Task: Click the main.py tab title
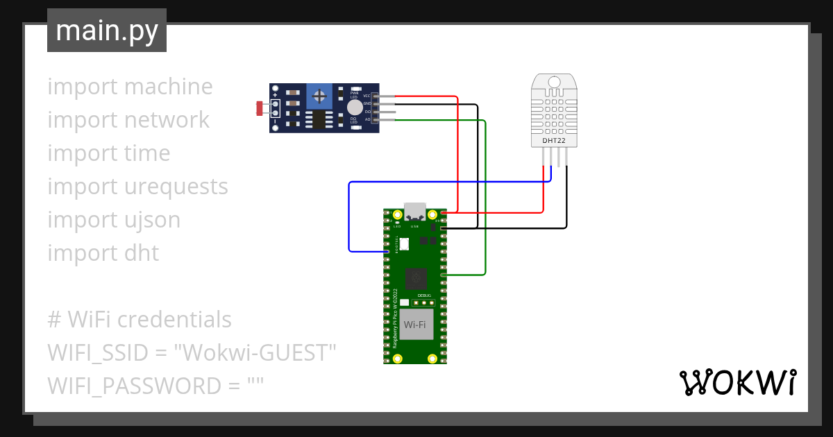tap(106, 31)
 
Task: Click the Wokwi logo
tap(737, 382)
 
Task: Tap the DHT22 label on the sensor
tap(553, 142)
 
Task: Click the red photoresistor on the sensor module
tap(260, 108)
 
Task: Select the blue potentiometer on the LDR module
tap(319, 95)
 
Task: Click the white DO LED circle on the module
tap(354, 108)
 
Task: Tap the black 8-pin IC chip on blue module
tap(319, 121)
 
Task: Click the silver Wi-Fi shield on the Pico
tap(415, 325)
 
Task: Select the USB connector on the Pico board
tap(415, 210)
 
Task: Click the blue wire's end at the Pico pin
tap(387, 250)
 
